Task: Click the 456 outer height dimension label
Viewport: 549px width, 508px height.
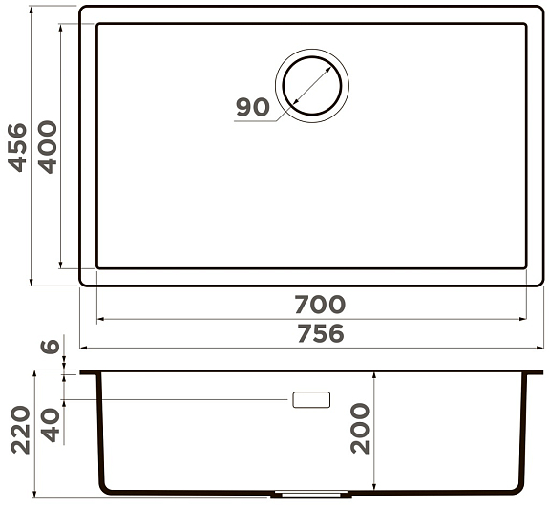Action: point(17,147)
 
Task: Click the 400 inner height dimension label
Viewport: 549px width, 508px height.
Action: point(48,147)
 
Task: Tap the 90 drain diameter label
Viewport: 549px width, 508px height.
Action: point(253,107)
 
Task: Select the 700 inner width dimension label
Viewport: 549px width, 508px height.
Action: point(320,305)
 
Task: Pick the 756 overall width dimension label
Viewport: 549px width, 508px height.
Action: point(321,333)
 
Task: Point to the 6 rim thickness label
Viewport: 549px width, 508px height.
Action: point(51,347)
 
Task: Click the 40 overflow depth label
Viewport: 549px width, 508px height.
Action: point(51,424)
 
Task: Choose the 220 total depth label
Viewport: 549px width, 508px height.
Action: point(20,430)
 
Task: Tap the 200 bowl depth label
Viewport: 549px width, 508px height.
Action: point(360,429)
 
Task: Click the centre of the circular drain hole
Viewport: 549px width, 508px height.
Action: point(312,86)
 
